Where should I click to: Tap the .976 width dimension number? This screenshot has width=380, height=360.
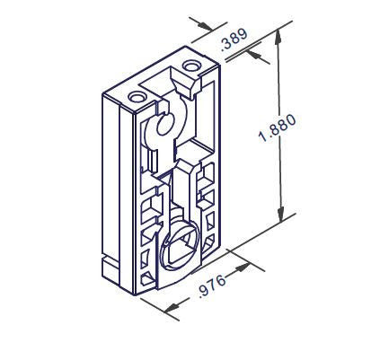point(211,290)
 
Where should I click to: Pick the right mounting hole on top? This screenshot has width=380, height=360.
point(191,66)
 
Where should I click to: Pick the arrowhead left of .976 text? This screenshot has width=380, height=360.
point(172,310)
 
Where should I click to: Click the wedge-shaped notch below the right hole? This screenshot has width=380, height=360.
point(190,87)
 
